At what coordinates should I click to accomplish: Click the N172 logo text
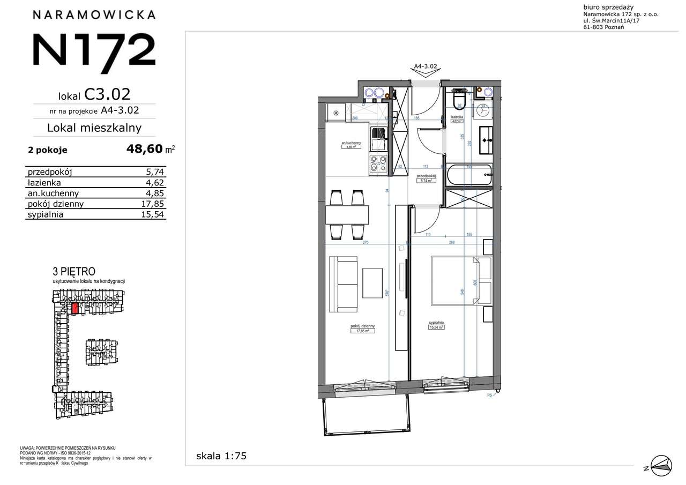tap(94, 49)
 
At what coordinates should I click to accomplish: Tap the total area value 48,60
tap(144, 150)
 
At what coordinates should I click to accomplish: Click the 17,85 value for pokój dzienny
tap(155, 204)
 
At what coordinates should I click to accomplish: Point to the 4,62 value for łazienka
tap(156, 182)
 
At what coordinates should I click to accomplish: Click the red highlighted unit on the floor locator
tap(75, 308)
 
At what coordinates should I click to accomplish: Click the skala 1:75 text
tap(221, 456)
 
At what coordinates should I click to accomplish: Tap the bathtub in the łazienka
tap(468, 174)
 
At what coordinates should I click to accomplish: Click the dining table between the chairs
tap(347, 214)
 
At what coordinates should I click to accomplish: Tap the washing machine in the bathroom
tap(484, 112)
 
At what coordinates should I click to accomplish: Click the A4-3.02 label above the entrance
tap(426, 66)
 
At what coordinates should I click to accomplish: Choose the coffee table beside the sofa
tap(372, 283)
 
